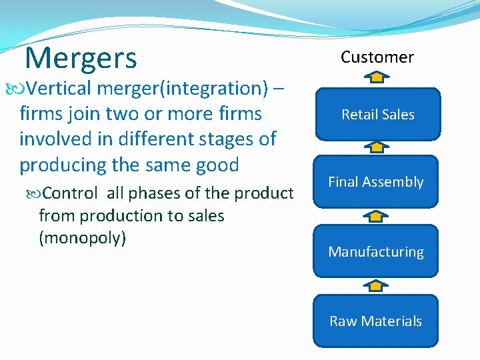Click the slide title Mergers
(80, 58)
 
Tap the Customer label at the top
(377, 57)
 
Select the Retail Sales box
(377, 115)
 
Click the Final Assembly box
(376, 182)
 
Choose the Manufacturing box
(376, 252)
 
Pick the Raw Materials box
(376, 321)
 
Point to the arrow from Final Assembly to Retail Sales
(377, 147)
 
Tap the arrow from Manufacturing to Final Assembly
(377, 216)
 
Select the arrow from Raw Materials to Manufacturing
(377, 285)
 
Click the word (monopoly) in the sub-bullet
(83, 238)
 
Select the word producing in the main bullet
(62, 164)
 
